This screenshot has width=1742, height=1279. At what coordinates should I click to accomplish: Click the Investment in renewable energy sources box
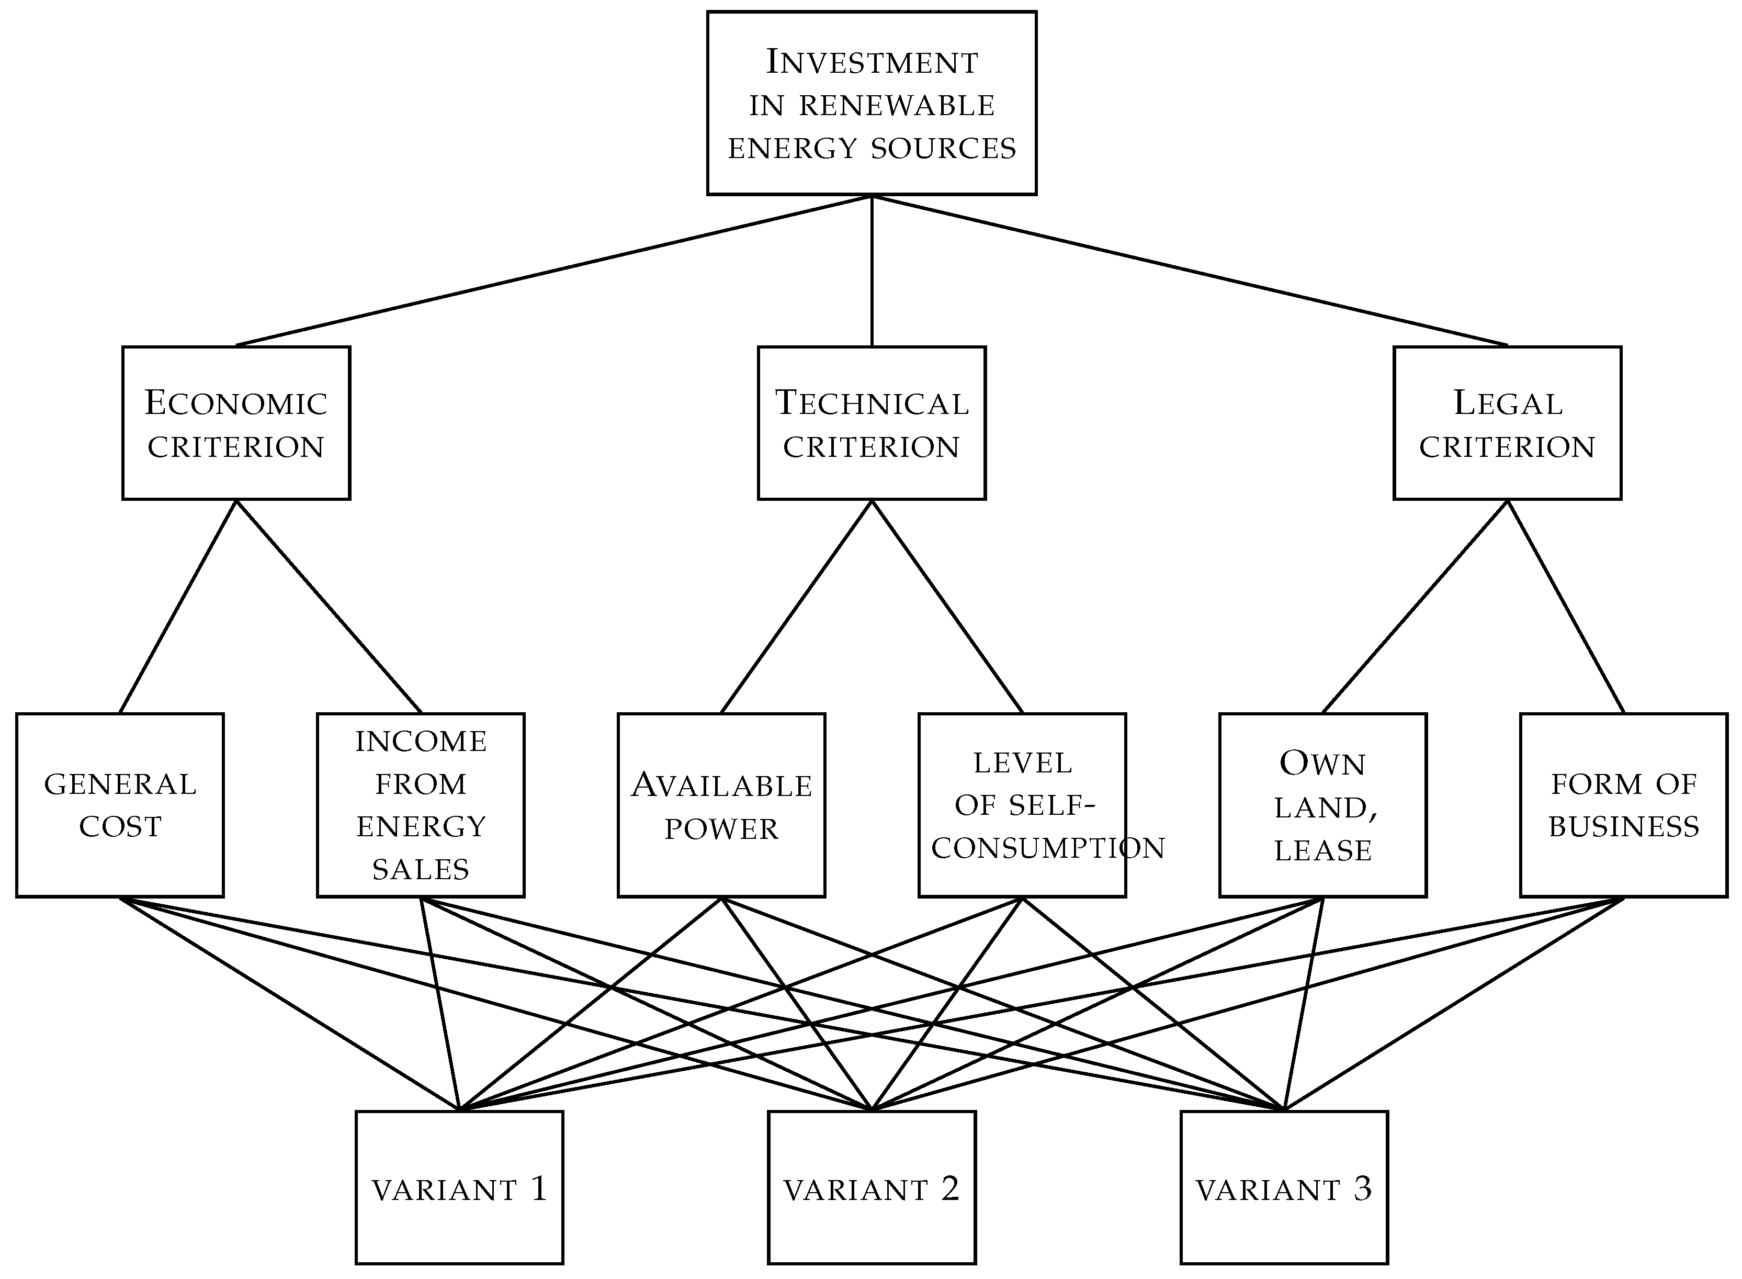coord(872,103)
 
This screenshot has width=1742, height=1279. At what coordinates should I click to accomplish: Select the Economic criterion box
coord(236,423)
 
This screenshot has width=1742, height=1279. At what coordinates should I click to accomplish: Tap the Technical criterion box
coord(872,423)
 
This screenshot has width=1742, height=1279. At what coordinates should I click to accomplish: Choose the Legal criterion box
coord(1507,423)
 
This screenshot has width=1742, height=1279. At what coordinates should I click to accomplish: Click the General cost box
coord(120,805)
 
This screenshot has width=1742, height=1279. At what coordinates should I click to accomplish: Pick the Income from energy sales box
coord(420,805)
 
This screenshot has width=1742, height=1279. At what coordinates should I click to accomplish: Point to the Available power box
coord(721,805)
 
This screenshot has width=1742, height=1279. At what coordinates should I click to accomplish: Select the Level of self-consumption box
coord(1022,805)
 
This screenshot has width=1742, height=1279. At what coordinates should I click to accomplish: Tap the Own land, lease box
coord(1322,805)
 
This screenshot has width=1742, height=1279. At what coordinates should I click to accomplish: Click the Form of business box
coord(1624,805)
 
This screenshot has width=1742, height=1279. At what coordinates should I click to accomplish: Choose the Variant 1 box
coord(459,1187)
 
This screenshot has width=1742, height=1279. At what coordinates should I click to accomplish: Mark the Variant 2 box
coord(872,1187)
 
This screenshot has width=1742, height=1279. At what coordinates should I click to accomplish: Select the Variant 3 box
coord(1284,1187)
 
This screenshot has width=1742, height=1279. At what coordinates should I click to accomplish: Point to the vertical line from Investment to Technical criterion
coord(872,271)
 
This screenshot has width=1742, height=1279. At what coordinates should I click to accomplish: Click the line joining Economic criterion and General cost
coord(178,606)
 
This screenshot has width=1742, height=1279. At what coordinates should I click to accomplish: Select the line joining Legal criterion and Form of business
coord(1566,606)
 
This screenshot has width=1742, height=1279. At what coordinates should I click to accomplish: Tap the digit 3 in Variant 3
coord(1362,1187)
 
